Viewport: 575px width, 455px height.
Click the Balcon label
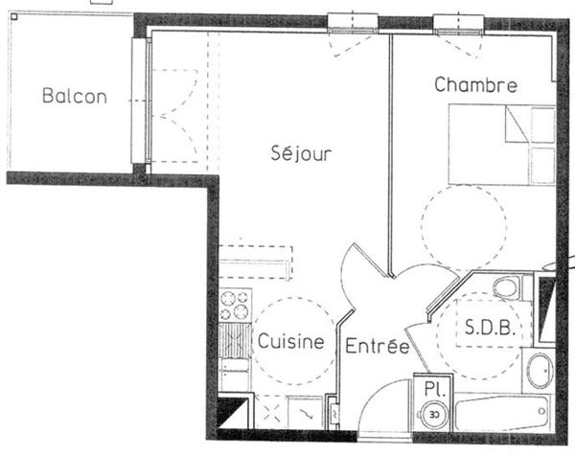(74, 96)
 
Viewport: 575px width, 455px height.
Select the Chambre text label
(475, 85)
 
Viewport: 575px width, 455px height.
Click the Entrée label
(378, 346)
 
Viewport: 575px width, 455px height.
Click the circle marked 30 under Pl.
(434, 415)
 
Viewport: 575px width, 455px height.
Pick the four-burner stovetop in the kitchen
(234, 305)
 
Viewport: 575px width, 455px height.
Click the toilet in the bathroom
(505, 287)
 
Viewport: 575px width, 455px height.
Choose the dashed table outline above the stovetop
(255, 261)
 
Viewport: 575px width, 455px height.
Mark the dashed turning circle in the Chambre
(463, 228)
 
